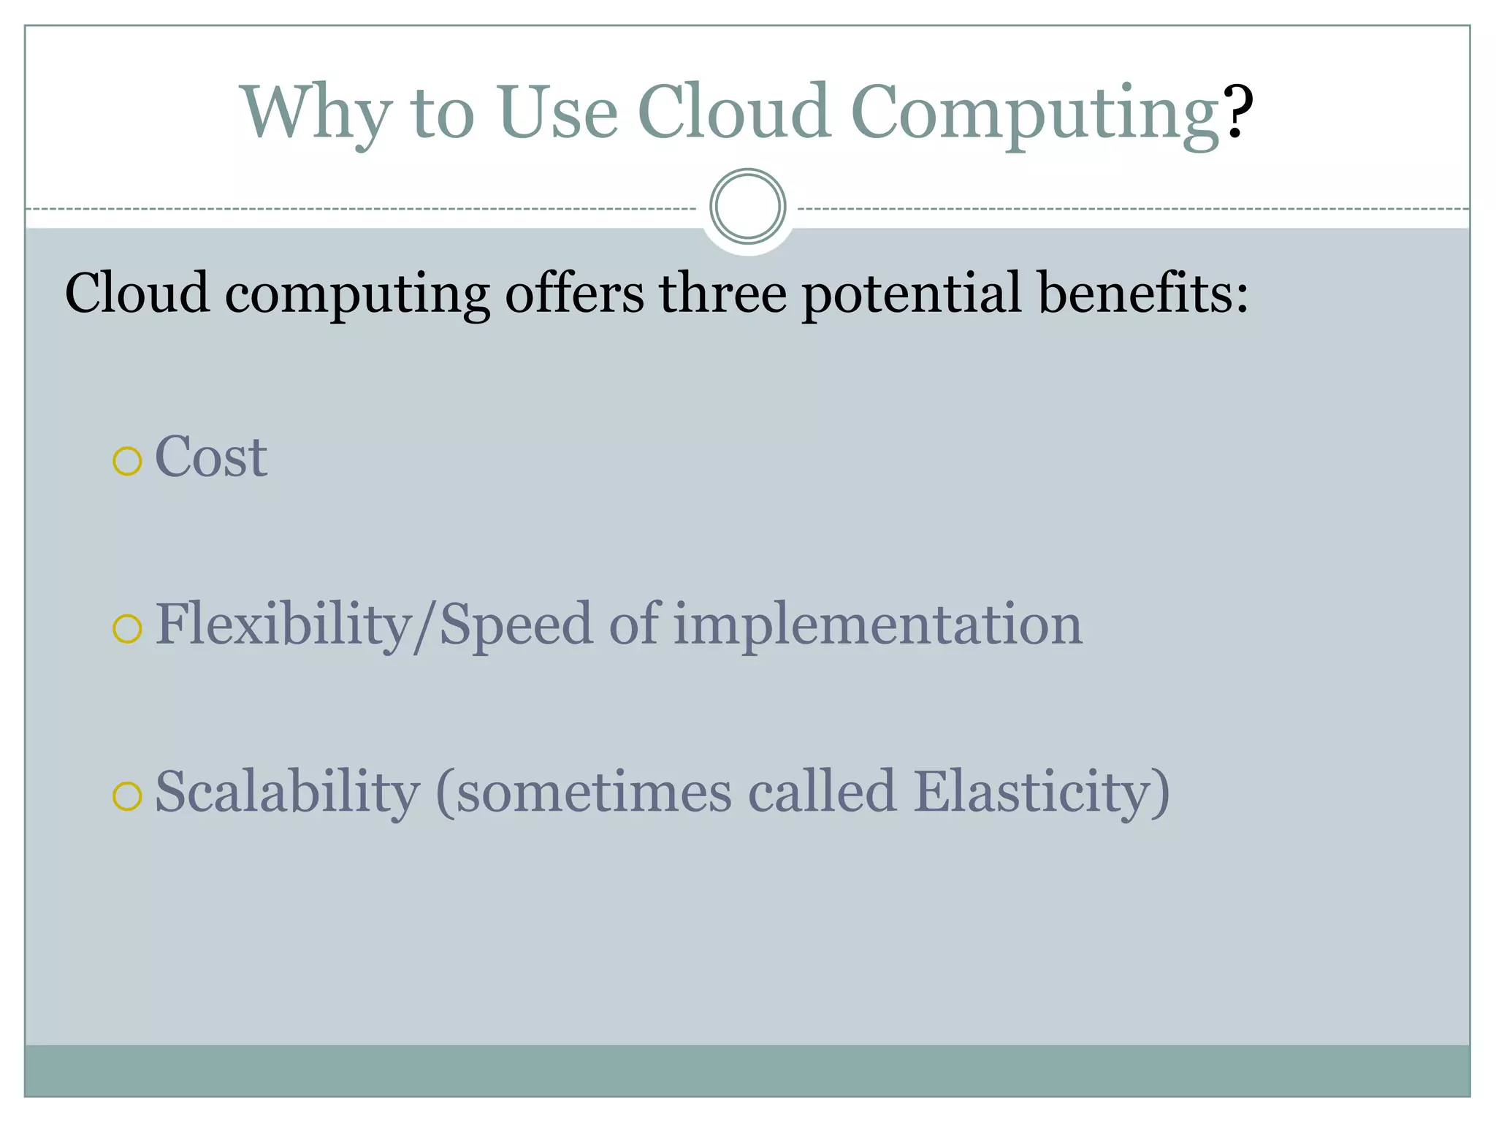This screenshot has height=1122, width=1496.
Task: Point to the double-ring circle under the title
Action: [x=747, y=206]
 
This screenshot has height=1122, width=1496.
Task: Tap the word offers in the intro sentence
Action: [x=574, y=293]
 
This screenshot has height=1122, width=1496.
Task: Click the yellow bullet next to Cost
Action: [x=127, y=462]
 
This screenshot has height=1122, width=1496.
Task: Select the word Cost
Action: [x=211, y=457]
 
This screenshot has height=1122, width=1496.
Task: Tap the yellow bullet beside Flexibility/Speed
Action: [x=127, y=629]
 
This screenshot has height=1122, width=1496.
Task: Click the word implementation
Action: [x=877, y=626]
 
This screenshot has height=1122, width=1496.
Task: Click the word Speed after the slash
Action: [x=516, y=626]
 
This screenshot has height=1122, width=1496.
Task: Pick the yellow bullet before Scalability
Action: [x=127, y=796]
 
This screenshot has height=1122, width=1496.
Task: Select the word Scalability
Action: [x=288, y=793]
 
